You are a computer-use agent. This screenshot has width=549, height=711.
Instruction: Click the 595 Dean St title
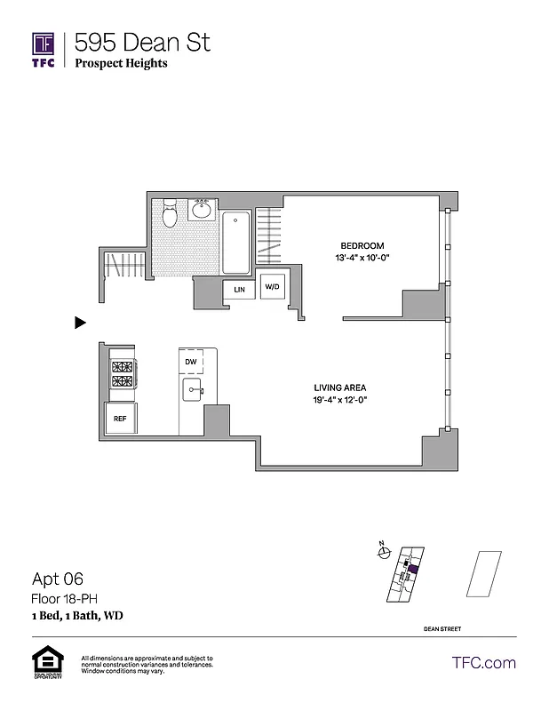coord(142,42)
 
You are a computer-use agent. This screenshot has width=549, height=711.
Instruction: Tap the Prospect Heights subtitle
coord(121,63)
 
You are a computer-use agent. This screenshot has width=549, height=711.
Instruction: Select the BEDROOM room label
coord(362,245)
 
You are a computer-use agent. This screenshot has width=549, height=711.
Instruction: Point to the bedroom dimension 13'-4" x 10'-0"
coord(362,258)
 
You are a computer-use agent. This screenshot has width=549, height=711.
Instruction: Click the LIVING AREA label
coord(339,387)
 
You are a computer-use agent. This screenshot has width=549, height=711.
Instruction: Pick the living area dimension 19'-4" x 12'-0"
coord(339,400)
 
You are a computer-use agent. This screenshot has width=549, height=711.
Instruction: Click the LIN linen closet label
coord(239,290)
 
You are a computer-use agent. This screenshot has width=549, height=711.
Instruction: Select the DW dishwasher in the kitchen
coord(191,362)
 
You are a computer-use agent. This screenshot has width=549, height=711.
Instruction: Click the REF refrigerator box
coord(119,419)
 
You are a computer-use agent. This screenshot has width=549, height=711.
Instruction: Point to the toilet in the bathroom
coord(171,213)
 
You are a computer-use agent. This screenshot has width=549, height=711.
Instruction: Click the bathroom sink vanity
coord(201,211)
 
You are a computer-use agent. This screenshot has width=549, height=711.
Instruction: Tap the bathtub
coord(236,242)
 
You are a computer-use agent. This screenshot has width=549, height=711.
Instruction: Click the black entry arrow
coord(80,324)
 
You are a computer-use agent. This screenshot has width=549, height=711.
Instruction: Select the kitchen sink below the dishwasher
coord(192,389)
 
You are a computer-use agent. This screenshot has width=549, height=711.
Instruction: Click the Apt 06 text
coord(58,578)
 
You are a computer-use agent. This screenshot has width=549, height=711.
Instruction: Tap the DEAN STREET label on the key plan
coord(442,629)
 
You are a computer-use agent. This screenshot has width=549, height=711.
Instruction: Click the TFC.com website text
coord(483,662)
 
